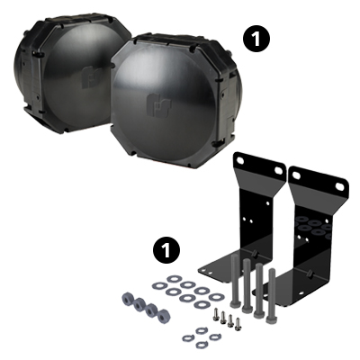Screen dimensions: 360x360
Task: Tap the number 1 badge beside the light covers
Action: coord(256,38)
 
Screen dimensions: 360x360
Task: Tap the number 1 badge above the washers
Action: coord(165,246)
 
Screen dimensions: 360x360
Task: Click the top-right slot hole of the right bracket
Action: coord(340,185)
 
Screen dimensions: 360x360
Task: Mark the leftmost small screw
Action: coord(217,316)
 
